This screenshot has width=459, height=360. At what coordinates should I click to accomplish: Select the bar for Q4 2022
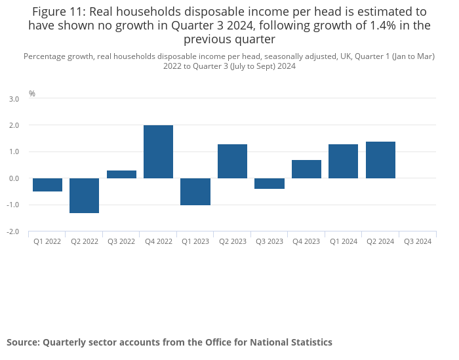coord(158,151)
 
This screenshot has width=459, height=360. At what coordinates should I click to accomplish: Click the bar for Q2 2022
coord(84,195)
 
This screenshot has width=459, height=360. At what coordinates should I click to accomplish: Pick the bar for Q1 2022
coord(47,185)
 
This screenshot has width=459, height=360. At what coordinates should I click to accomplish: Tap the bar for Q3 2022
coord(121,174)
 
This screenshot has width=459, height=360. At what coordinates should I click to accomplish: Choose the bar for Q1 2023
coord(195,191)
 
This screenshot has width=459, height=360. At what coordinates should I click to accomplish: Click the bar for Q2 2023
coord(232,161)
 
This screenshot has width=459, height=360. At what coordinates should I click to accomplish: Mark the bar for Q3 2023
coord(269,184)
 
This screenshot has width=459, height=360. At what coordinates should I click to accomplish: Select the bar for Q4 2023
coord(306,169)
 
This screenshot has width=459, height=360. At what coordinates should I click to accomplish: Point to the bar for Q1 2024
coord(343,161)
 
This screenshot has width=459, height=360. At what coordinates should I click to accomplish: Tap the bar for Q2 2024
coord(380,160)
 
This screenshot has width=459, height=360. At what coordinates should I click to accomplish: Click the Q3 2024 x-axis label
coord(418,241)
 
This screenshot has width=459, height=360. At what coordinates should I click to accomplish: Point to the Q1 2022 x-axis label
coord(47,241)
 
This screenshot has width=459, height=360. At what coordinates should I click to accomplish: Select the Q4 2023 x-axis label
coord(306,241)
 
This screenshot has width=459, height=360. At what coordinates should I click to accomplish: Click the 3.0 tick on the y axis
coord(14,98)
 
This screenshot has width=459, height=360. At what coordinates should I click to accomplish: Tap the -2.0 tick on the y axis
coord(13,232)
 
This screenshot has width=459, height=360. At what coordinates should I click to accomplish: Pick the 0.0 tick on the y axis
coord(14,178)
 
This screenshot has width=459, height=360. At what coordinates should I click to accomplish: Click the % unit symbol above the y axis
coord(32,94)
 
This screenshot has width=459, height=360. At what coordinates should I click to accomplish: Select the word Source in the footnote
coord(23,342)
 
